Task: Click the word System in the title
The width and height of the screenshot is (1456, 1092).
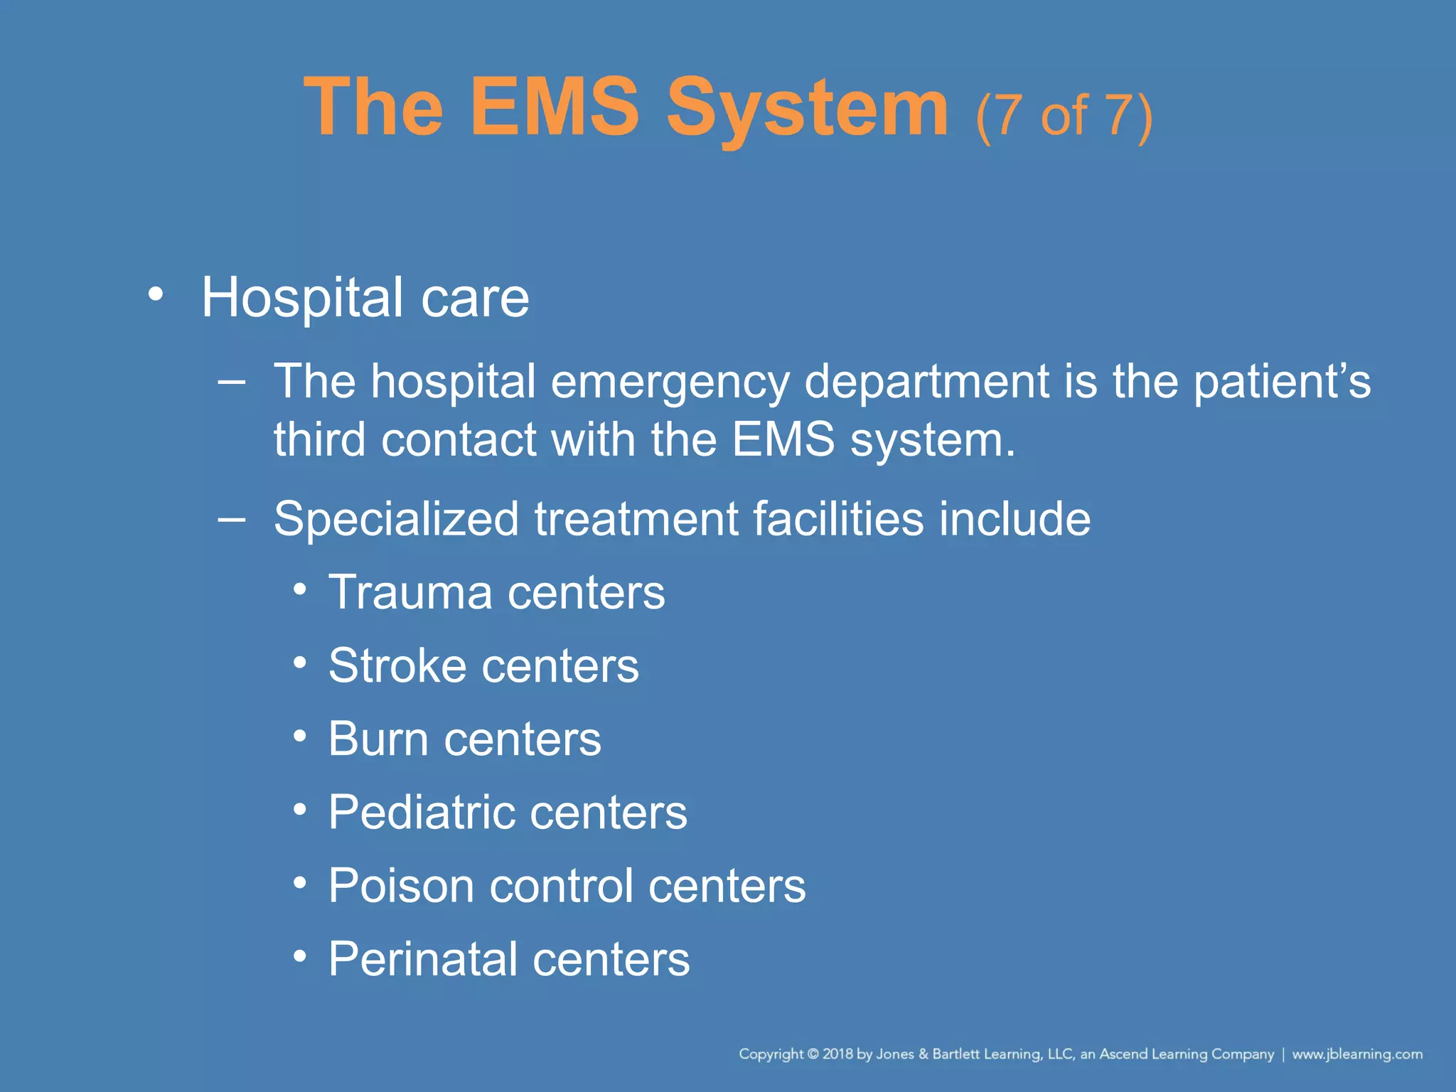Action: tap(807, 108)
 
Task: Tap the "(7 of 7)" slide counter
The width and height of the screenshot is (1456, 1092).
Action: tap(1064, 115)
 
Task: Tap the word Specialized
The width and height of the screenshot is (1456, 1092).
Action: tap(396, 519)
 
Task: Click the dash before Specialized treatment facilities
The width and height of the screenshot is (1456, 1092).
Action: tap(232, 520)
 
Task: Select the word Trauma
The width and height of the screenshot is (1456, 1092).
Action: tap(410, 592)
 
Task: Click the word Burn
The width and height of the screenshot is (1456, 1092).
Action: tap(378, 739)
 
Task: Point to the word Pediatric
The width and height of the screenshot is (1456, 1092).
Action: tap(419, 813)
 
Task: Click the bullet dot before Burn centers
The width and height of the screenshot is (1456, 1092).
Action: tap(300, 736)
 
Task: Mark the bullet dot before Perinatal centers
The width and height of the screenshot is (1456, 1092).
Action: tap(300, 956)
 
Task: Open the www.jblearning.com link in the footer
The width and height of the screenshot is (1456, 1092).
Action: tap(1356, 1054)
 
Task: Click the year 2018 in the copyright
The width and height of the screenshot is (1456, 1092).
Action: tap(837, 1054)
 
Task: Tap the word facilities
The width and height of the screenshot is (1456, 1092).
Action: tap(838, 519)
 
